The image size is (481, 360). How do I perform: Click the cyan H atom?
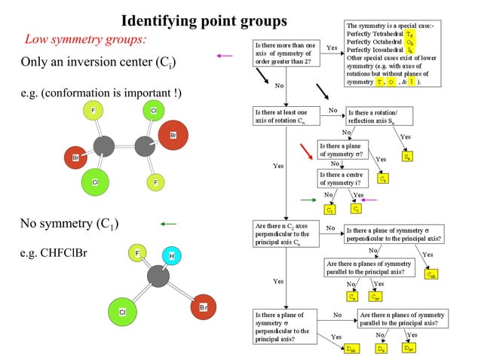point(172,256)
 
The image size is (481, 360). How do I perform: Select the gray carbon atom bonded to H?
point(158,276)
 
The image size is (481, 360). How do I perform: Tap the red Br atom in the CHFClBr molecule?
point(202,307)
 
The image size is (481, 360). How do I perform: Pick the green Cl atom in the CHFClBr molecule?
point(121,311)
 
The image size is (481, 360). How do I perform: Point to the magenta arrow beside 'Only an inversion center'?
point(224,55)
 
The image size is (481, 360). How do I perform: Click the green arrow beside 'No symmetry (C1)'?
point(168,224)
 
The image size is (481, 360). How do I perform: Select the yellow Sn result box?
point(408,157)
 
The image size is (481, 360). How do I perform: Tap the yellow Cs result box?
point(383,178)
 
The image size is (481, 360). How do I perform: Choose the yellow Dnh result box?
point(352,349)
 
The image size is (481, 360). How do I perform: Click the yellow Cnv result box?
point(375,296)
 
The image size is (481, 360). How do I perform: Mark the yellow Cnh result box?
point(430,275)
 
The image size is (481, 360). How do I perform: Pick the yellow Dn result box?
point(382,349)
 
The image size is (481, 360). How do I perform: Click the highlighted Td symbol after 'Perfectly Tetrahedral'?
point(409,35)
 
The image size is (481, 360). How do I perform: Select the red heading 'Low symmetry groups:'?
point(85,38)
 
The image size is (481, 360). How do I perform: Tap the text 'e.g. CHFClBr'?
point(54,252)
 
